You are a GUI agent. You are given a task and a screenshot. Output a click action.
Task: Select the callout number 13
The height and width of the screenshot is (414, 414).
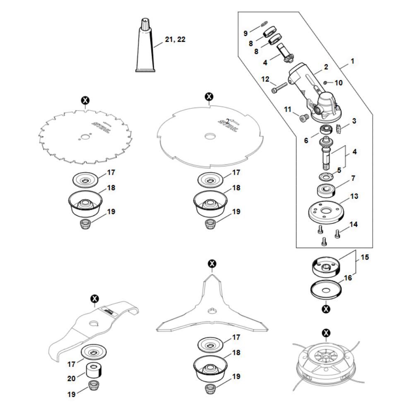point(354,196)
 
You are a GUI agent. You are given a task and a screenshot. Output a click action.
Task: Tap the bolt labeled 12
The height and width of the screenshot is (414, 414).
point(279,88)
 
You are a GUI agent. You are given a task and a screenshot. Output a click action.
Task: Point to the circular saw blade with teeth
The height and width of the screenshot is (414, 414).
point(85,137)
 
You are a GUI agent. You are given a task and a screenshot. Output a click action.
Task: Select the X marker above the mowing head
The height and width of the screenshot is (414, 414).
point(326,333)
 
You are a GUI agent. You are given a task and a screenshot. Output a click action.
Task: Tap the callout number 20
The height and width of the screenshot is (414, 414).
point(71,378)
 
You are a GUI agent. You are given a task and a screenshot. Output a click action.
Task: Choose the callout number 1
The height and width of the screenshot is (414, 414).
point(352,61)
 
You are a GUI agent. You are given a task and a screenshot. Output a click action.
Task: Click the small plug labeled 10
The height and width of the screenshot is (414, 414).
point(325,83)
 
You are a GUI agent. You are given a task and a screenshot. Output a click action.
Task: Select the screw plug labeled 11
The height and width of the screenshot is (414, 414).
point(303,118)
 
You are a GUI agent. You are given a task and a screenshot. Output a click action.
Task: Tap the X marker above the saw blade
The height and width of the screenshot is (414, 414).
point(85,101)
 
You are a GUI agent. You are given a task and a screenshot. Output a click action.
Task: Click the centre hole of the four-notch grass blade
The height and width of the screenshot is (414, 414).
point(210,136)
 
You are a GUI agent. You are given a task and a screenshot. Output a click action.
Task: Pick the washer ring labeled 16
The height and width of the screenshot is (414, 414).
point(326,291)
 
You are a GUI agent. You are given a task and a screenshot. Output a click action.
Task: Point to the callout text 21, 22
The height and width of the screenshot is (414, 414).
point(175,39)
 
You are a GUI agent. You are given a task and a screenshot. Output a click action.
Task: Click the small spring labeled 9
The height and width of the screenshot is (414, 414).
point(263,24)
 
